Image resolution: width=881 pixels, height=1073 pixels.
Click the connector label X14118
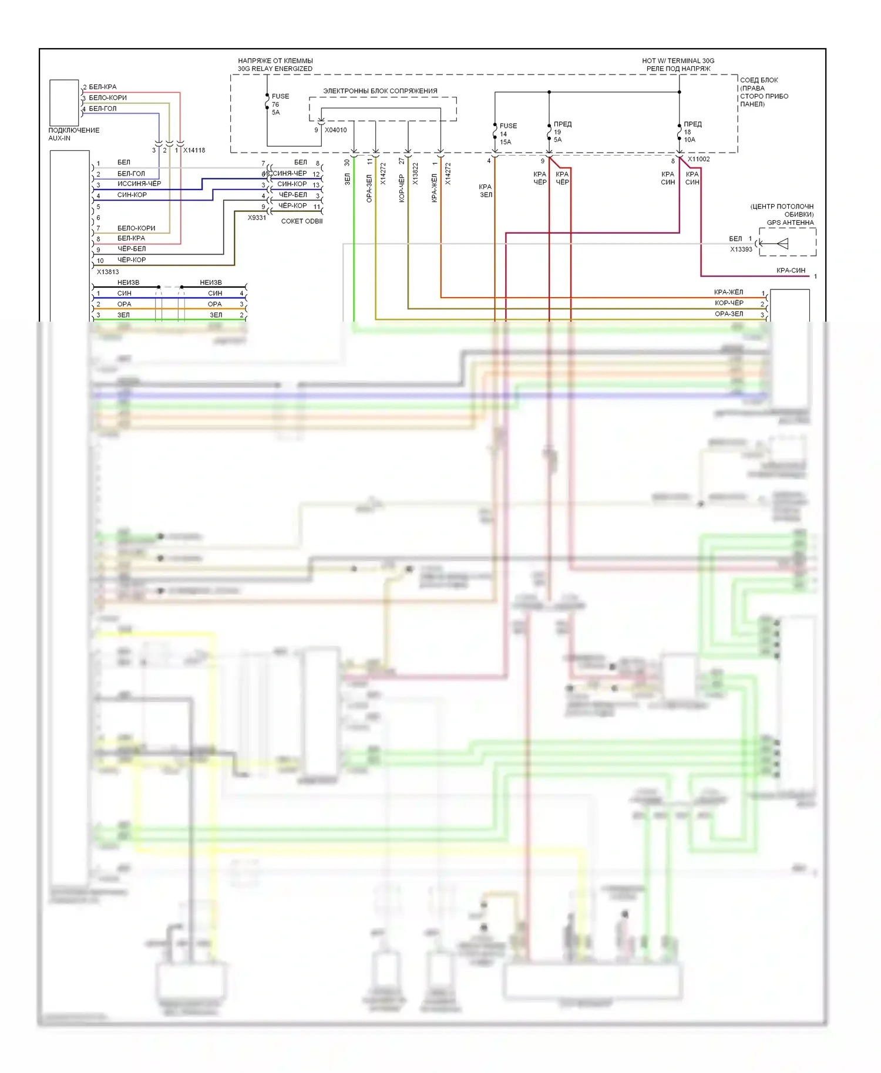194,150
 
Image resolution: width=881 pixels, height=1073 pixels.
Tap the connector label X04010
335,130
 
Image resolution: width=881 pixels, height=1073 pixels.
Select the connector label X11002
698,159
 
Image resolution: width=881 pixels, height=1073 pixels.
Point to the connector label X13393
741,249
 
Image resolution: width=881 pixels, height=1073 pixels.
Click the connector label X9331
257,218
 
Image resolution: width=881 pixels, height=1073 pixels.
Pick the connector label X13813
107,272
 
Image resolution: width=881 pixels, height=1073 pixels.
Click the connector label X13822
415,174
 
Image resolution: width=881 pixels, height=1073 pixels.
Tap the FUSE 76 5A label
279,104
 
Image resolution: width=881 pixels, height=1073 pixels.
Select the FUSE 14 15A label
507,134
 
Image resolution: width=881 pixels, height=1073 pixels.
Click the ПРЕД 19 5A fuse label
561,132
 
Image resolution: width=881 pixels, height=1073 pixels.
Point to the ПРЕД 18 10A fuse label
692,132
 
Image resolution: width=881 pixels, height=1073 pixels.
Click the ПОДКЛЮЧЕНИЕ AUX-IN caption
73,134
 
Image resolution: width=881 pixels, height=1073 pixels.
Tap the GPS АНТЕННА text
790,222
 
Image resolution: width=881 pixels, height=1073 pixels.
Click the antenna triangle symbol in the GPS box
782,244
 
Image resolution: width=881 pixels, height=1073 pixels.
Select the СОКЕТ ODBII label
301,221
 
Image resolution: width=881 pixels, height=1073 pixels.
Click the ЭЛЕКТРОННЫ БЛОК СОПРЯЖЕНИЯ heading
380,91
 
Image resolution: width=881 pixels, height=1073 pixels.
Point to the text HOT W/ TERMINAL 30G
678,60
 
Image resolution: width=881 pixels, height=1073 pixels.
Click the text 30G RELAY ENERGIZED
275,69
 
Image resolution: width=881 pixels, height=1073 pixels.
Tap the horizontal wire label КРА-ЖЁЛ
728,292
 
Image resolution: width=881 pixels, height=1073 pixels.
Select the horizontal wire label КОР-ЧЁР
729,303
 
